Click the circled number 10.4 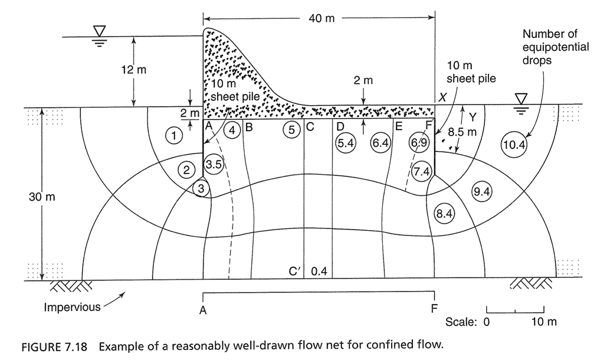point(513,145)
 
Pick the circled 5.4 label point(344,143)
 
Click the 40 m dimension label point(321,18)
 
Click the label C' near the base point(296,271)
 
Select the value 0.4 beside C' point(319,271)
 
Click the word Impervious point(73,307)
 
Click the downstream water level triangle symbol point(521,97)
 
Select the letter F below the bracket point(435,309)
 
